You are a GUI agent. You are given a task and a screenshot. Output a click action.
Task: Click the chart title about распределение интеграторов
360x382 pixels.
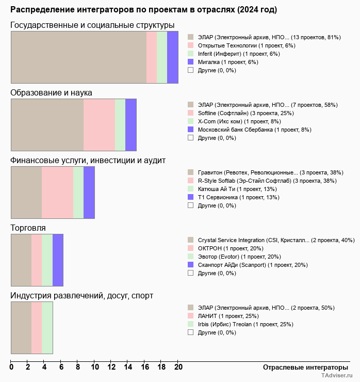(143, 10)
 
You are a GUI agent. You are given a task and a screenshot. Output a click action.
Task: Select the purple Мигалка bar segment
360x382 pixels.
(173, 57)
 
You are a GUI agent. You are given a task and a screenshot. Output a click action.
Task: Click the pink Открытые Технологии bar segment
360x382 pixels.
(152, 57)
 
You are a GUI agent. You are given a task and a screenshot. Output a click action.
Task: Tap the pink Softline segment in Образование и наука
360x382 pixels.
(99, 125)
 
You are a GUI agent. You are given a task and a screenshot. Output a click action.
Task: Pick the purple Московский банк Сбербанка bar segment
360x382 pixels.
(131, 125)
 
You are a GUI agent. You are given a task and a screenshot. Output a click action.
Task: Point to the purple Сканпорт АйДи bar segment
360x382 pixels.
(58, 260)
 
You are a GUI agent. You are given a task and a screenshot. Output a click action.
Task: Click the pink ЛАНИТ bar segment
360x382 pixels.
(37, 328)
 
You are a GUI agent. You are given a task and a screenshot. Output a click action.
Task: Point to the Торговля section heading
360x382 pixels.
(28, 228)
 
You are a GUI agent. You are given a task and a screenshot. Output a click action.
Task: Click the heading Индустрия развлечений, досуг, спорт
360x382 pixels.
(81, 295)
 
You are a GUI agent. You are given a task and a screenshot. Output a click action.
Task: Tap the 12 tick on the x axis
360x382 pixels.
(111, 367)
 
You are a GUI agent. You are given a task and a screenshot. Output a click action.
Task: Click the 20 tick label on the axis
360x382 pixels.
(178, 367)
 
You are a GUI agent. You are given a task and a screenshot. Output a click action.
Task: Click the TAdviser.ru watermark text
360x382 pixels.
(337, 376)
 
